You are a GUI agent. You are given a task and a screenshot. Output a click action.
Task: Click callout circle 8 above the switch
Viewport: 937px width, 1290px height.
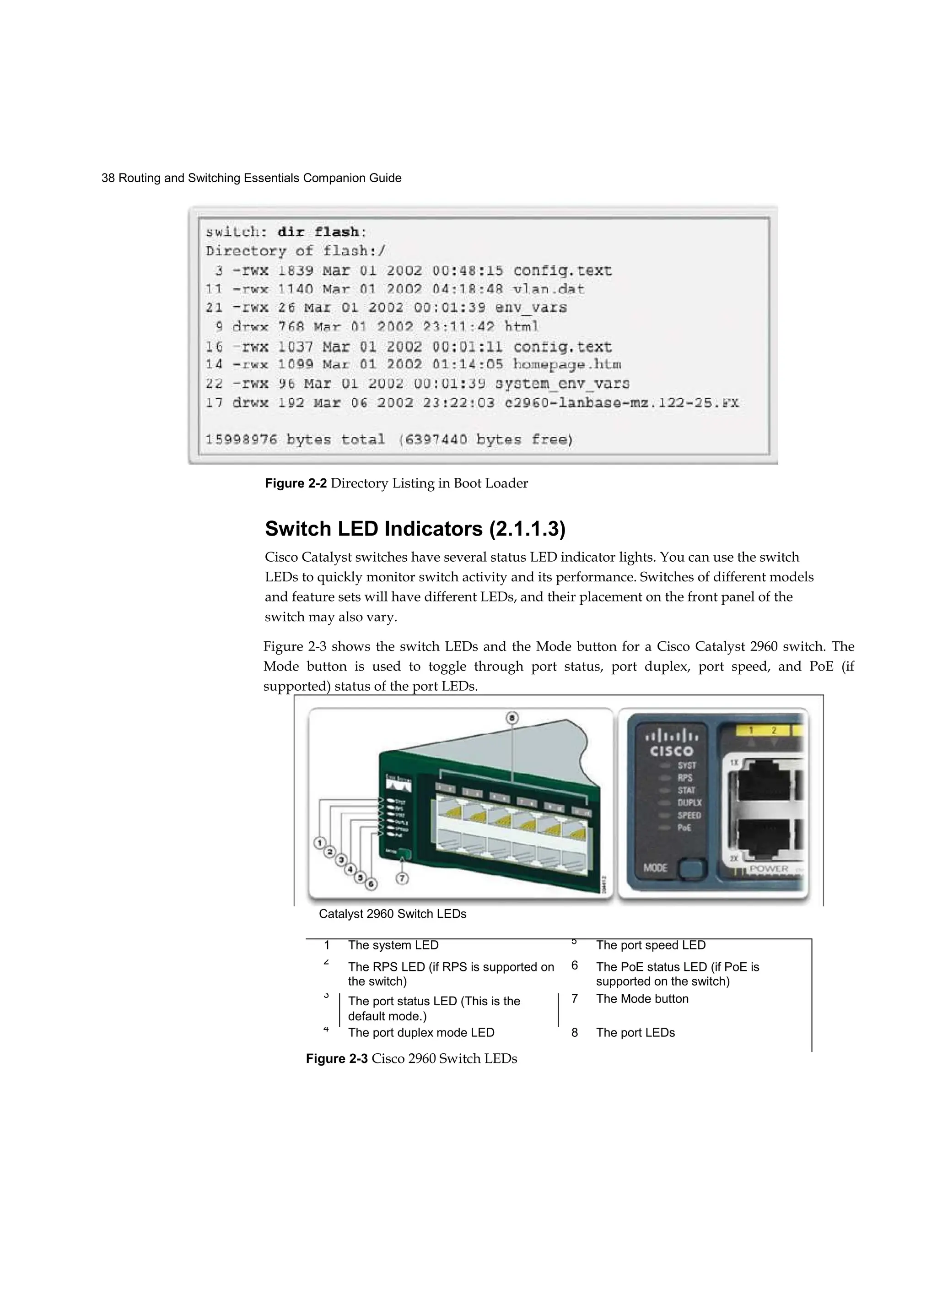click(x=512, y=718)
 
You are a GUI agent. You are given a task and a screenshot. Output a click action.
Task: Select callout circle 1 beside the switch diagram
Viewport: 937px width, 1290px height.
click(x=320, y=842)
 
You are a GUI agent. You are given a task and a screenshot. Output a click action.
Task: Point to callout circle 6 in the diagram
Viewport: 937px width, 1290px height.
click(x=371, y=884)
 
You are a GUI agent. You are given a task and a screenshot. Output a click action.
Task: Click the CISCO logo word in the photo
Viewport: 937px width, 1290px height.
click(x=672, y=751)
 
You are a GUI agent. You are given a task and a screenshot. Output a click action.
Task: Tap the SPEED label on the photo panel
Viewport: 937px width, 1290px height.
click(x=689, y=815)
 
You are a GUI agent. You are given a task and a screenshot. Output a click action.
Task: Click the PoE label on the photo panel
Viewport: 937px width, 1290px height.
click(x=684, y=828)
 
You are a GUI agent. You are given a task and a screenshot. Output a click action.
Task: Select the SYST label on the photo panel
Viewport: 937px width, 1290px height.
click(x=686, y=765)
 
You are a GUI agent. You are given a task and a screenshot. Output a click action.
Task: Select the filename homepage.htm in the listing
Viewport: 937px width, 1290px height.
click(x=567, y=364)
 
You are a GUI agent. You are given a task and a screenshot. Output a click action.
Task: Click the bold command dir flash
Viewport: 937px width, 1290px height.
click(x=318, y=232)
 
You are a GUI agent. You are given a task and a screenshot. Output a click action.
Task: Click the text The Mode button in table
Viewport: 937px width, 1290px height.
click(x=642, y=999)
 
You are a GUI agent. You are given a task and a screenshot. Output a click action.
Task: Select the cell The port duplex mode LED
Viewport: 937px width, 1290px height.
click(x=421, y=1032)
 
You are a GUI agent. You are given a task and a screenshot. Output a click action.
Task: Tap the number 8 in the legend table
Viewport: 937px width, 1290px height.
click(x=575, y=1032)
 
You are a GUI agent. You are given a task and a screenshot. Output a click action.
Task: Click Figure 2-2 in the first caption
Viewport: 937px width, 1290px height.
click(x=296, y=483)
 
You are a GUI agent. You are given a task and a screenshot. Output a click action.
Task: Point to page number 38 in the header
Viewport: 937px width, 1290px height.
click(x=108, y=178)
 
